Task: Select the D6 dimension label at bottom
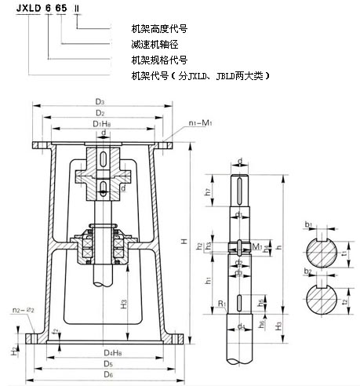click(107, 376)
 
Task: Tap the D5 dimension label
click(107, 365)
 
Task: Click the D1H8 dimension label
click(100, 124)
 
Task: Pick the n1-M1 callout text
click(201, 123)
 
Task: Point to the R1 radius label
click(222, 302)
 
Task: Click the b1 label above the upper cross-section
click(310, 225)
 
